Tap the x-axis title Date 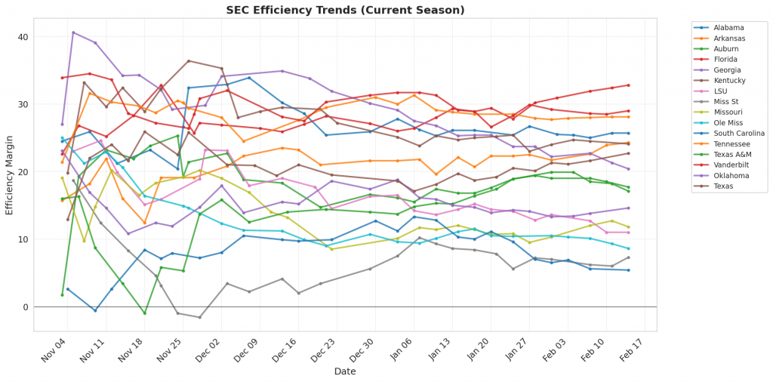pyautogui.click(x=346, y=371)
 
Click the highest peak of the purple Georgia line pyautogui.click(x=73, y=32)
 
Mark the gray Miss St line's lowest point pyautogui.click(x=199, y=317)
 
